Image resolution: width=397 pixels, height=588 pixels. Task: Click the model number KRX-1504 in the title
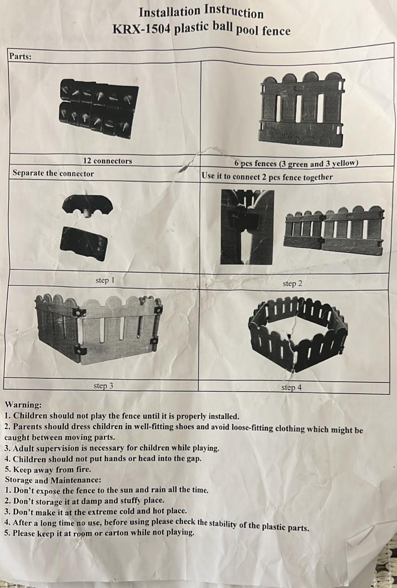142,28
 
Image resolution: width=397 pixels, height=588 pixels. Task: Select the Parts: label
21,57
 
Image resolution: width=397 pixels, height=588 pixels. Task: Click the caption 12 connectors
107,161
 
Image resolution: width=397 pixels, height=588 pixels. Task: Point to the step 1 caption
105,280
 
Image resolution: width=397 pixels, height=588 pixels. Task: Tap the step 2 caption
292,283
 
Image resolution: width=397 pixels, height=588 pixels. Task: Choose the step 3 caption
103,386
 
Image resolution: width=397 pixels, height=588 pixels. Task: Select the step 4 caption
291,387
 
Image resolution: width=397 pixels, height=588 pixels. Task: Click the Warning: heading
23,405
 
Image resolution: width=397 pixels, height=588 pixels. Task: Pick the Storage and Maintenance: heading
53,480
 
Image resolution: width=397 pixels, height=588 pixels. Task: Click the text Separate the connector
53,173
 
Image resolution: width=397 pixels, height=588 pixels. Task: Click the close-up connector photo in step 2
247,227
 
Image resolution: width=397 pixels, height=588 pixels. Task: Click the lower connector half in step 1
84,244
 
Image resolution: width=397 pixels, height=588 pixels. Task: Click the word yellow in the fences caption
345,163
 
